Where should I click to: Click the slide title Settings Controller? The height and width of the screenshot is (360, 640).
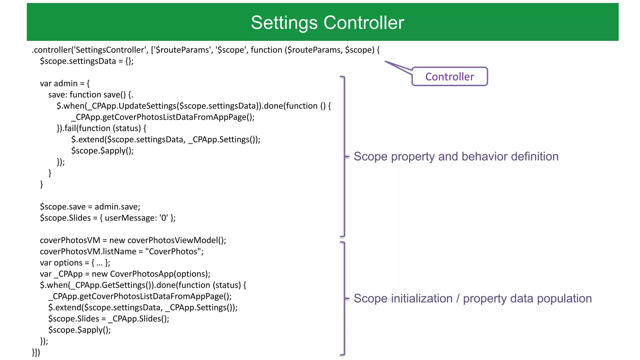tap(327, 22)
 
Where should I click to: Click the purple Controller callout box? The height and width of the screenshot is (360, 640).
tap(449, 77)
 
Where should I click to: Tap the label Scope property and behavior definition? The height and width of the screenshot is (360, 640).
tap(456, 157)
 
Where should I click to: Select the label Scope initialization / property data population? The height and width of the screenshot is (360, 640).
tap(472, 298)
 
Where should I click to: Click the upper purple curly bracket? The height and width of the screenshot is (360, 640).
tap(344, 156)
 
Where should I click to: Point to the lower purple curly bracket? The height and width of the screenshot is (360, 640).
tap(344, 298)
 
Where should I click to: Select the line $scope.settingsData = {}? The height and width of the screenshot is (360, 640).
tap(87, 61)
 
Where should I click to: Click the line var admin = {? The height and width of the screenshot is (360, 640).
tap(65, 83)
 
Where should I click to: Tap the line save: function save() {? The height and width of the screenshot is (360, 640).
tap(91, 95)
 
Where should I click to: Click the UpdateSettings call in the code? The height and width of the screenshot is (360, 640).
tap(147, 106)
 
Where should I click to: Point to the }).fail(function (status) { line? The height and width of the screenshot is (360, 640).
tap(101, 128)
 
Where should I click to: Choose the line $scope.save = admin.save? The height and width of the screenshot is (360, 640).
tap(90, 207)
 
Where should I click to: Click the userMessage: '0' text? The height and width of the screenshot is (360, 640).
tap(136, 218)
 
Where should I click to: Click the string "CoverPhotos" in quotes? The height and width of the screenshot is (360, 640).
tap(173, 252)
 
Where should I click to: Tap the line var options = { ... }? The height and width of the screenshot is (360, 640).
tap(75, 263)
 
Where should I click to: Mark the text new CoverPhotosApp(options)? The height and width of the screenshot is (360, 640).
tap(150, 274)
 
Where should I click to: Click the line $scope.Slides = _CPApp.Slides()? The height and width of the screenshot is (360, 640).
tap(108, 319)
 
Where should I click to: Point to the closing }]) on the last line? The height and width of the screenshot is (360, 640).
tap(36, 352)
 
